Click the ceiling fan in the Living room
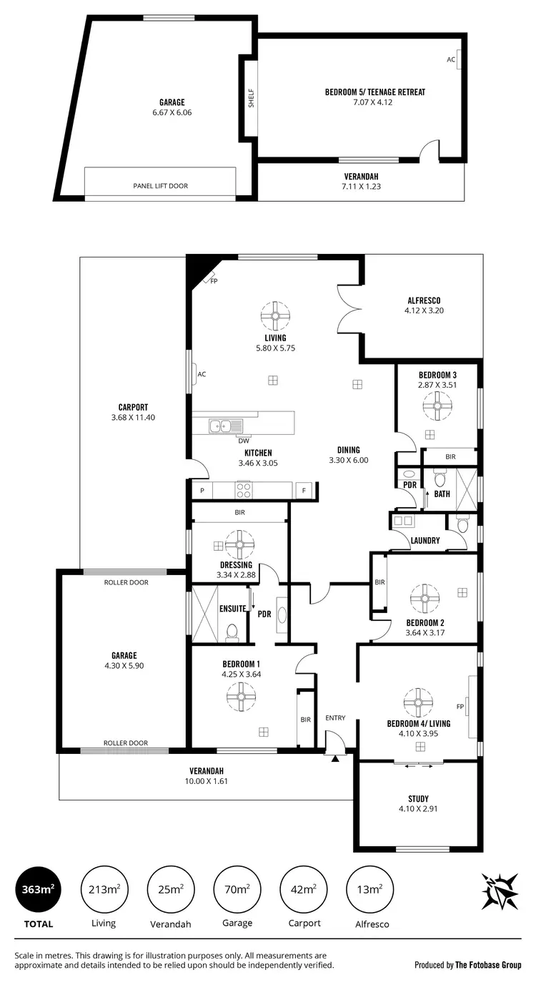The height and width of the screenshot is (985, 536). point(275,315)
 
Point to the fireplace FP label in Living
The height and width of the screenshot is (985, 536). point(213,281)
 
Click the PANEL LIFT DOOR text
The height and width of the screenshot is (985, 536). point(160,186)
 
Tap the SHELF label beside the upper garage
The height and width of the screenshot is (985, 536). point(251,98)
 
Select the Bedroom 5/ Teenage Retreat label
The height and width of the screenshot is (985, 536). point(374,92)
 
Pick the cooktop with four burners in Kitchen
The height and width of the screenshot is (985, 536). point(244,491)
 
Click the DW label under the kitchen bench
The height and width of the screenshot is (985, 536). point(244,441)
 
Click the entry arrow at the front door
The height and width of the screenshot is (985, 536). point(334,758)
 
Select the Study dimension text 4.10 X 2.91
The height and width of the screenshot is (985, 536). point(418,810)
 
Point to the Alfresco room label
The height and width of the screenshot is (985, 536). point(424,300)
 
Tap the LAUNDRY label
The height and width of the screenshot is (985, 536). point(425,541)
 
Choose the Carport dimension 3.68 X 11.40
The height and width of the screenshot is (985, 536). point(134,417)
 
